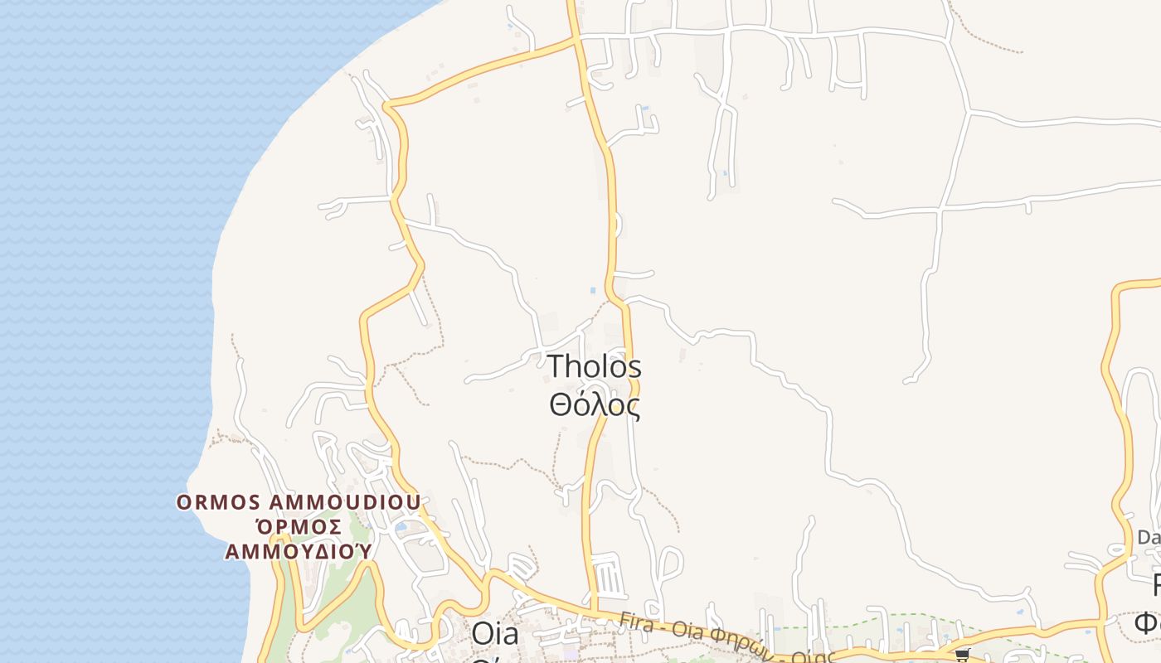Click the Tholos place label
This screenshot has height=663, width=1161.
[595, 367]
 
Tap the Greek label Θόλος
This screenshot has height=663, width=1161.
[595, 405]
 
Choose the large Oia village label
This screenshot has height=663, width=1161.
[494, 634]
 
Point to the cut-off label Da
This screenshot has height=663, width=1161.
[1149, 537]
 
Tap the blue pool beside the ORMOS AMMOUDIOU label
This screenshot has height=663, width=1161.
[402, 526]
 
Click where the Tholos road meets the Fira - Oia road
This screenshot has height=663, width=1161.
[594, 614]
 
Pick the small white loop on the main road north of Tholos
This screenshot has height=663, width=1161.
[619, 224]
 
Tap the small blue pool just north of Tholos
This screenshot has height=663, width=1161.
[592, 290]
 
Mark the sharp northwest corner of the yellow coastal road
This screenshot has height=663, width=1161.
[386, 105]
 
